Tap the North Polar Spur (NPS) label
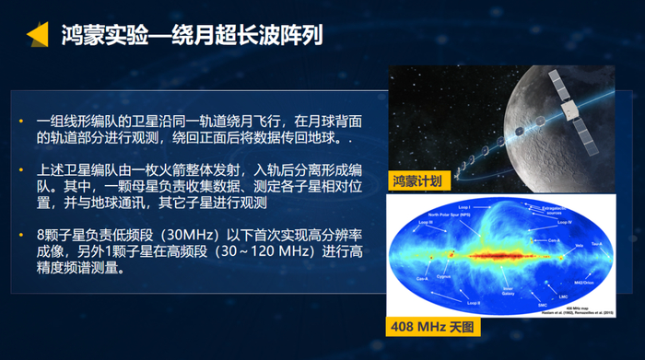coord(449,215)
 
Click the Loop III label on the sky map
coord(426,222)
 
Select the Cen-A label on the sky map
coord(555,239)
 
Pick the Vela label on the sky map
coord(580,246)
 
